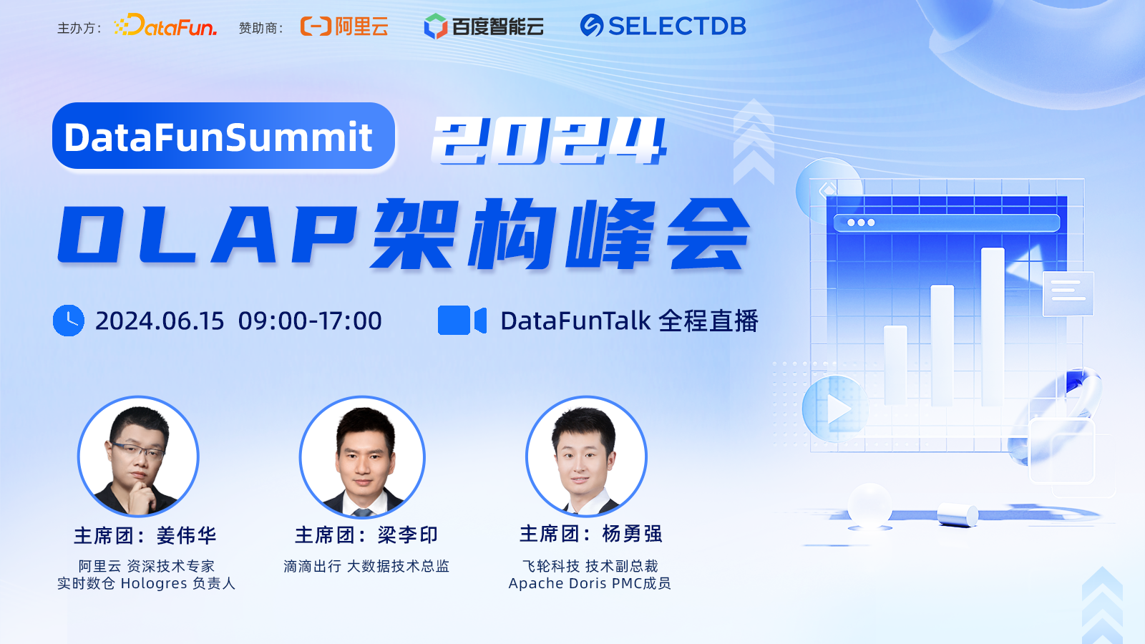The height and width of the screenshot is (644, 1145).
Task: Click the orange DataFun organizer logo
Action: point(165,25)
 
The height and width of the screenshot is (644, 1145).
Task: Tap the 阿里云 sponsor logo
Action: point(344,26)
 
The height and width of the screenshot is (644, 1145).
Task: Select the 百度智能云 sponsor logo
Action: point(484,26)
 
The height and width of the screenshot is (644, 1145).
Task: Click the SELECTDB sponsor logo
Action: point(663,26)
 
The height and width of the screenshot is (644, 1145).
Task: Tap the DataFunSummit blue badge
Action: point(223,136)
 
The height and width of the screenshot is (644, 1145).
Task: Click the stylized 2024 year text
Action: point(548,140)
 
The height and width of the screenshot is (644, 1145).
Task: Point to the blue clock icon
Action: point(69,321)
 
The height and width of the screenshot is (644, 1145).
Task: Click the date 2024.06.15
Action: point(160,321)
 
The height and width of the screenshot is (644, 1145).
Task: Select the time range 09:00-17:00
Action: point(310,321)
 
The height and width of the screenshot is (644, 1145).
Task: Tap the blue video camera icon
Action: point(462,321)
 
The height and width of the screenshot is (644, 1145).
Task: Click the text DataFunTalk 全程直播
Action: point(629,321)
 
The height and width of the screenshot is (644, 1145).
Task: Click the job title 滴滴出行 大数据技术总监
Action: point(366,566)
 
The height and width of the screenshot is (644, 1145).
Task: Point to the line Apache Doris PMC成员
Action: point(590,583)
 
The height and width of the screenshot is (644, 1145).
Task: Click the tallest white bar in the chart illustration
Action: point(993,327)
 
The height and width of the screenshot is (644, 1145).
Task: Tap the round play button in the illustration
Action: point(835,409)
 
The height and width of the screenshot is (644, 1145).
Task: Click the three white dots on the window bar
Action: point(861,223)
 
